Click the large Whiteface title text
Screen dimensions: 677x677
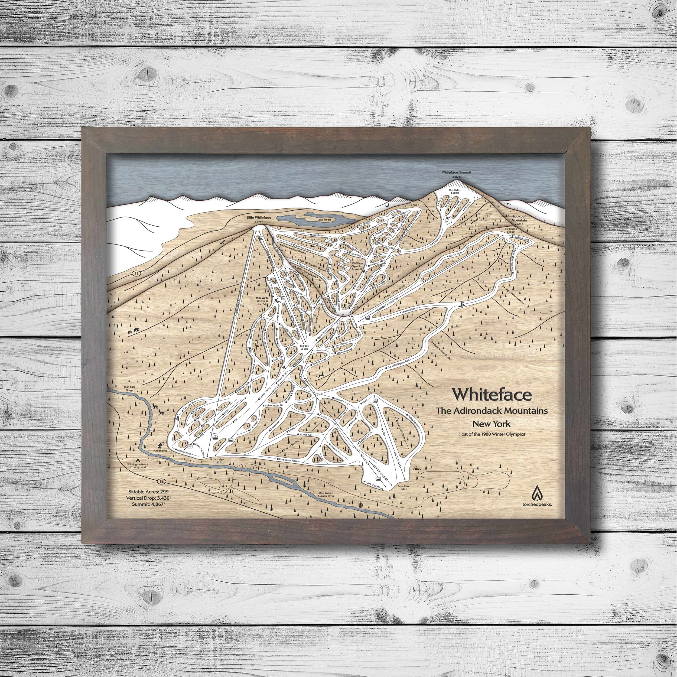492,394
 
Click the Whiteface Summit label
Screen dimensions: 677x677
456,172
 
